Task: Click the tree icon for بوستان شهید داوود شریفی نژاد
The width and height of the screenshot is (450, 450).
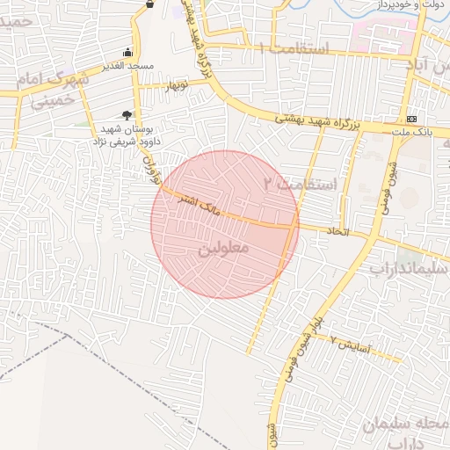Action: coord(127,114)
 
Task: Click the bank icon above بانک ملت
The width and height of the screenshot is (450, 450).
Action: coord(411,119)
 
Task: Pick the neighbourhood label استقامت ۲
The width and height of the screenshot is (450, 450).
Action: coord(301,185)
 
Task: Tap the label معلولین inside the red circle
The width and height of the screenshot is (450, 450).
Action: coord(225,249)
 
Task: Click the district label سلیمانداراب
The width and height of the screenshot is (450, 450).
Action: coord(408,265)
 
